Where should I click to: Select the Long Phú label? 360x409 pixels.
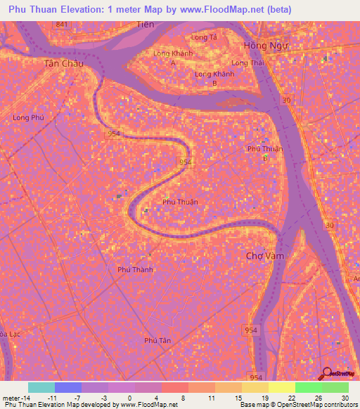[28, 117]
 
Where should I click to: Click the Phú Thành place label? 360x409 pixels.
[135, 269]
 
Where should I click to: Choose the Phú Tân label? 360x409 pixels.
[157, 340]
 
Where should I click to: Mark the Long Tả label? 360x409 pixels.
[203, 37]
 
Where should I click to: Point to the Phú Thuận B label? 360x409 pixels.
[261, 152]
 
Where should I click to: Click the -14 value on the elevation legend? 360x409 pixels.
[22, 397]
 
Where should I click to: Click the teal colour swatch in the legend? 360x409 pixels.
[41, 387]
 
